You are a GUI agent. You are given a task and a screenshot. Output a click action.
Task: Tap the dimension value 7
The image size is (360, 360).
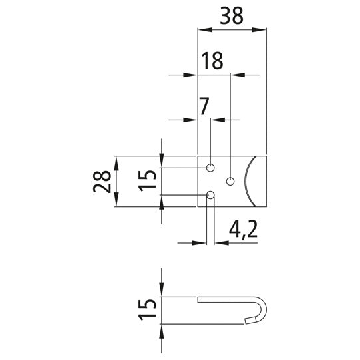click(x=204, y=104)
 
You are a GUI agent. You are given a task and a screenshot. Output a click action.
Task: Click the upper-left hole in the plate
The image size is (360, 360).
click(x=210, y=167)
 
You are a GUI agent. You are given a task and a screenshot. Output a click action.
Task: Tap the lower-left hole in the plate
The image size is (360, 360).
click(x=210, y=195)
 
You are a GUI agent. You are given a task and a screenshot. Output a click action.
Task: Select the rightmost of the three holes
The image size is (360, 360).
click(x=230, y=181)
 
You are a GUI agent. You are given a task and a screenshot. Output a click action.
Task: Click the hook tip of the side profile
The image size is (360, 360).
click(x=249, y=320)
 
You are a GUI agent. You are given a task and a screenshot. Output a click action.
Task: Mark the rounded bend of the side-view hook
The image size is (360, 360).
click(x=264, y=307)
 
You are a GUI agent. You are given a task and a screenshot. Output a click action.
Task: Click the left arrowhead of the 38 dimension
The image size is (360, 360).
click(x=202, y=29)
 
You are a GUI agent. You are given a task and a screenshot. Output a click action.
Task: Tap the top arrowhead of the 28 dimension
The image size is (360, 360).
click(x=116, y=160)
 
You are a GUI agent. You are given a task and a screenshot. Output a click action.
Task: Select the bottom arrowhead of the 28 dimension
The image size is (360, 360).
click(x=116, y=203)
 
